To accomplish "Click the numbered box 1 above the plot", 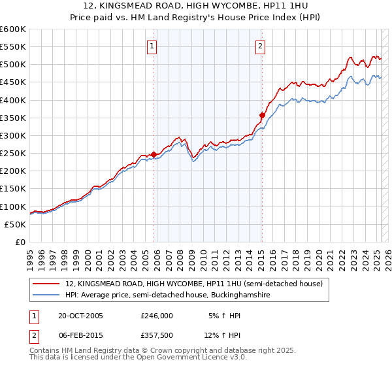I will (152, 46).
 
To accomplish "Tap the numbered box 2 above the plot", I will (260, 46).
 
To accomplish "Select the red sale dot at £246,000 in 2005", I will (154, 155).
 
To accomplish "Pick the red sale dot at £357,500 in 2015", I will (262, 115).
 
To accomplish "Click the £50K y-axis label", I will (15, 224).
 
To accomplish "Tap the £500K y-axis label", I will (13, 65).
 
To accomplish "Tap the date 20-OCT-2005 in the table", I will (80, 315).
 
